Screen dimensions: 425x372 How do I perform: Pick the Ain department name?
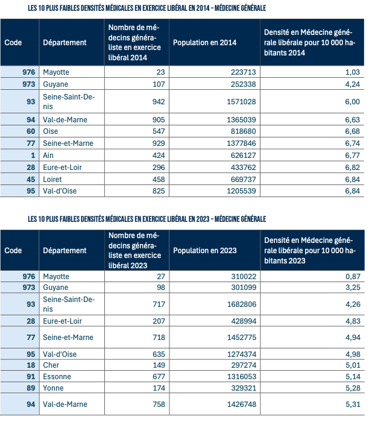pyautogui.click(x=49, y=155)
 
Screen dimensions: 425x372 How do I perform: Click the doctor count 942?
pyautogui.click(x=158, y=102)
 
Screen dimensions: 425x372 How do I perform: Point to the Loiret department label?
pyautogui.click(x=53, y=179)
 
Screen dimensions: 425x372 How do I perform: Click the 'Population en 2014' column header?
pyautogui.click(x=204, y=43)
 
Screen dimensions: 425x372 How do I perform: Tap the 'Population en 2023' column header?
pyautogui.click(x=204, y=250)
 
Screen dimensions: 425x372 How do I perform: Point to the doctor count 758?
pyautogui.click(x=158, y=404)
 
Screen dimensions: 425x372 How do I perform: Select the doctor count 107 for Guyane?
pyautogui.click(x=158, y=84)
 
